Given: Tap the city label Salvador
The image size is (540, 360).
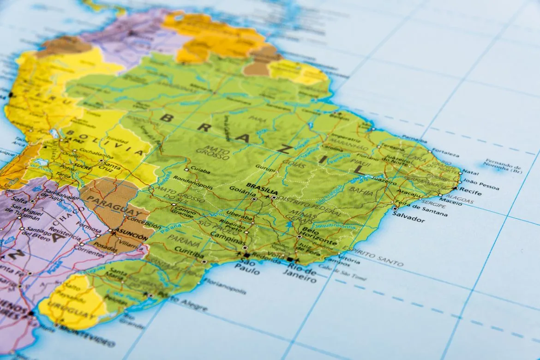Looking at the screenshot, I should [x=408, y=217].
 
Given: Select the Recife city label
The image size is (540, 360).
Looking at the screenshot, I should [x=471, y=192].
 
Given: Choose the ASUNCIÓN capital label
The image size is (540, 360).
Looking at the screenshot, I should [x=132, y=231].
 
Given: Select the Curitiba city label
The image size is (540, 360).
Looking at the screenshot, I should [x=189, y=253].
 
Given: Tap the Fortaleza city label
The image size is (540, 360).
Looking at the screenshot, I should [x=446, y=155].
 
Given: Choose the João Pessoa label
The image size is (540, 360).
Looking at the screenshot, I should [x=480, y=183].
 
